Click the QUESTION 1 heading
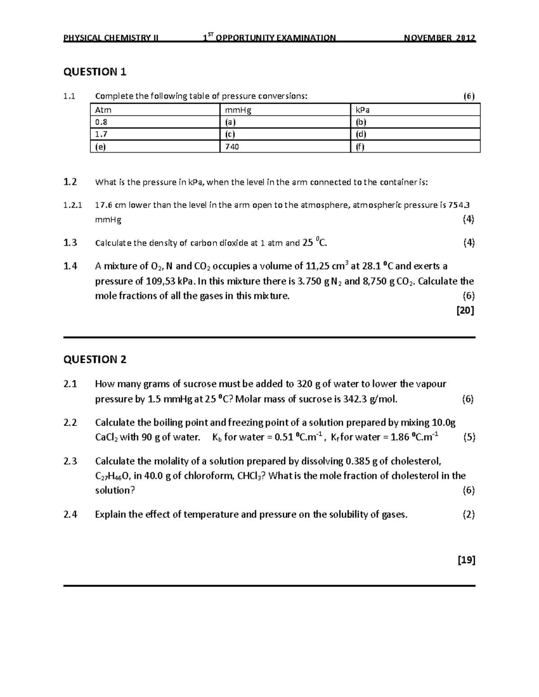[x=95, y=72]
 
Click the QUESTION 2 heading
[x=95, y=359]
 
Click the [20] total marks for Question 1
[x=465, y=310]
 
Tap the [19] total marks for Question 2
[x=466, y=560]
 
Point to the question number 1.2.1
[x=73, y=206]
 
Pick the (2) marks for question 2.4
[x=468, y=514]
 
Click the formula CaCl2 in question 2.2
[x=106, y=437]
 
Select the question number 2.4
[x=70, y=514]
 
